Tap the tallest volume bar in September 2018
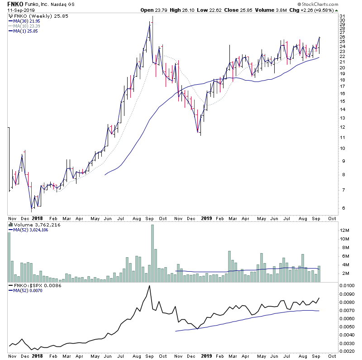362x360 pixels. pos(152,253)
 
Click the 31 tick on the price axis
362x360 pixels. pos(343,16)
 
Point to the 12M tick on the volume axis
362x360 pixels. pos(344,231)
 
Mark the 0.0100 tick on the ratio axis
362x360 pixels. pos(347,286)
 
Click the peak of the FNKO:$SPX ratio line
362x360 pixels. pos(149,286)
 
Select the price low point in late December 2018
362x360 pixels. pos(198,132)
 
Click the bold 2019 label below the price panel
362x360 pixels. pos(206,218)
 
